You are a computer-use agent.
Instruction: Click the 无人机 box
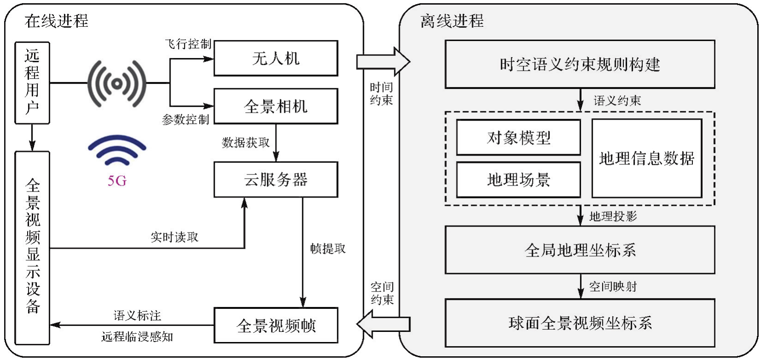(x=276, y=58)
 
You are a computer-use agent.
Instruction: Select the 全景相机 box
(x=276, y=106)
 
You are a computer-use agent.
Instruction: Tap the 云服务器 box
(x=276, y=180)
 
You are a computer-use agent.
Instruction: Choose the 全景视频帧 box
(x=276, y=325)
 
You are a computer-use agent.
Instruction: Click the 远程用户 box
(x=32, y=83)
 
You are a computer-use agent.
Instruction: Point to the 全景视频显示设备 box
(x=32, y=248)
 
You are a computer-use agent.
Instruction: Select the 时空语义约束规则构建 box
(x=580, y=64)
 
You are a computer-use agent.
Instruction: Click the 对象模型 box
(x=518, y=138)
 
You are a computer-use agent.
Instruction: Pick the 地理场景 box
(x=518, y=180)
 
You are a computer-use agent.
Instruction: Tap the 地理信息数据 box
(x=646, y=158)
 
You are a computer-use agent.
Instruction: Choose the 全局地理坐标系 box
(x=580, y=250)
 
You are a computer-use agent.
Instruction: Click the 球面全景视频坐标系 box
(x=580, y=323)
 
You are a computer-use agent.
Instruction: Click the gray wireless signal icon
(x=117, y=83)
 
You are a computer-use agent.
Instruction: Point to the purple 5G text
(x=117, y=181)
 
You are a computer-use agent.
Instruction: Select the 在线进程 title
(x=56, y=21)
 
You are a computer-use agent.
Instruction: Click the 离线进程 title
(x=452, y=21)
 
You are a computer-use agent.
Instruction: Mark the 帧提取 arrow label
(x=328, y=249)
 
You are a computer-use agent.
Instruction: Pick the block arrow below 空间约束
(x=383, y=324)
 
